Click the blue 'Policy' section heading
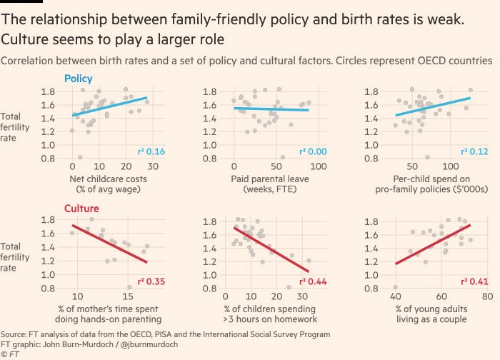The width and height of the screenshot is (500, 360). (79, 79)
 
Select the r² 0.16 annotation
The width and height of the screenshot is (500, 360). (151, 152)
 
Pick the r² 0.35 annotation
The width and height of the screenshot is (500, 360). (151, 281)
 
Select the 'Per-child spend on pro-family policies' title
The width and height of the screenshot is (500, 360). (433, 183)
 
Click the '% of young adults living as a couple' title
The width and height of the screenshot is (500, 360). (433, 313)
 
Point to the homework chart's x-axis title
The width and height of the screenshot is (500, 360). (271, 313)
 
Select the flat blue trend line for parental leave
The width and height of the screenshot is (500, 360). (271, 109)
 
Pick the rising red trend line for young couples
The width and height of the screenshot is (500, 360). (433, 244)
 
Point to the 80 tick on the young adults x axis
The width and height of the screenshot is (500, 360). (487, 296)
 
